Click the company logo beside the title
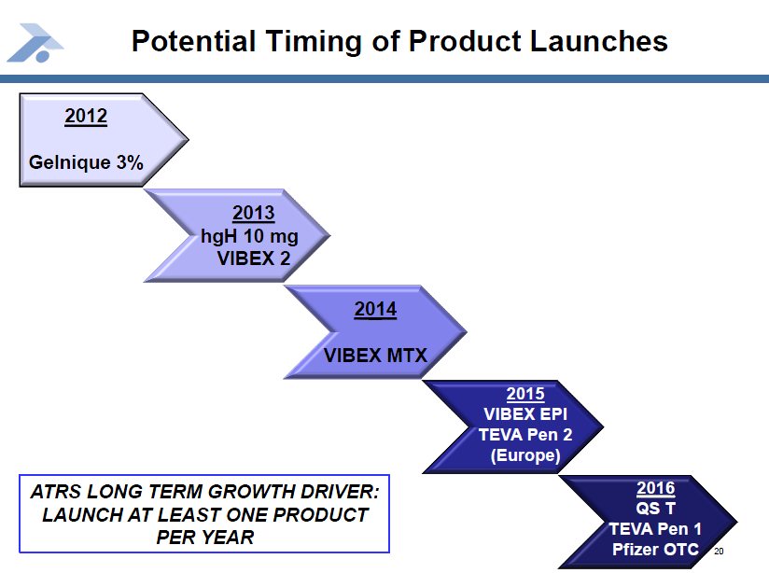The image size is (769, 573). click(x=35, y=43)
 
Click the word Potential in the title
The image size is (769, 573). click(x=194, y=41)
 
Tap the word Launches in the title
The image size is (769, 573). click(x=599, y=41)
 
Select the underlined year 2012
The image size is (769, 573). click(x=86, y=117)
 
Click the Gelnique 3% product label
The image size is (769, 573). click(x=86, y=162)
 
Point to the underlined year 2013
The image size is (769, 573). click(x=254, y=213)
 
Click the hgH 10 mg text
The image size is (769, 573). click(x=249, y=236)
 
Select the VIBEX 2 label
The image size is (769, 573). click(x=254, y=259)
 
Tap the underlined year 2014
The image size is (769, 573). click(x=376, y=310)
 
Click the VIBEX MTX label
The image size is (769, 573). click(x=376, y=356)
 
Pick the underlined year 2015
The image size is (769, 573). click(x=525, y=394)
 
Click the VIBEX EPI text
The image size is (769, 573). click(x=525, y=414)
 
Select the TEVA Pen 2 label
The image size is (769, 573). click(x=525, y=435)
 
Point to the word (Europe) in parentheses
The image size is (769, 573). click(x=525, y=455)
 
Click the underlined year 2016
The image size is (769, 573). click(x=656, y=488)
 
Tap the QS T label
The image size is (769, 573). click(x=656, y=509)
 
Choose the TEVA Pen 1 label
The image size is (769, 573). click(x=655, y=529)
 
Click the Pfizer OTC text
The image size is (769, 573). click(x=655, y=550)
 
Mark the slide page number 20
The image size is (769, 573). click(x=719, y=552)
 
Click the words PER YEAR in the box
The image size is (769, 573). click(x=205, y=538)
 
